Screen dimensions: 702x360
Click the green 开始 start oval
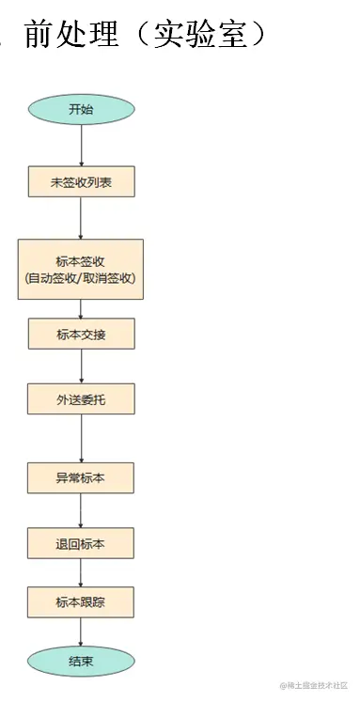click(81, 109)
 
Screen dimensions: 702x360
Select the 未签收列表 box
click(81, 182)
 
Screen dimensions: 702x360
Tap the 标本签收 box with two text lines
click(81, 269)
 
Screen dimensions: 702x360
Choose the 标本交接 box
click(81, 334)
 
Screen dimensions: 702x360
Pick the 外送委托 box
click(81, 398)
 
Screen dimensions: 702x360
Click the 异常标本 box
click(81, 477)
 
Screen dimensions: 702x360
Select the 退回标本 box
click(81, 542)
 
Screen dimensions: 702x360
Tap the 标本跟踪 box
click(81, 601)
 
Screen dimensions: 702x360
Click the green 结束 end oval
click(81, 661)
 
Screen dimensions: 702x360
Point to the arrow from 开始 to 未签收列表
click(81, 145)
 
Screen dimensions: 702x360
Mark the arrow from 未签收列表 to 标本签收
click(81, 218)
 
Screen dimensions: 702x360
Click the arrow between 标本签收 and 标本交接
click(81, 309)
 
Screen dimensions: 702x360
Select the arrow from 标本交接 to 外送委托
click(81, 367)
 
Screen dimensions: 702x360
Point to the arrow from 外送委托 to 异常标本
click(81, 438)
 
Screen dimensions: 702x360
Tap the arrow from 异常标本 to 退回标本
click(81, 510)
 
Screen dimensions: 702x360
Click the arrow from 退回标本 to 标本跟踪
click(81, 572)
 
